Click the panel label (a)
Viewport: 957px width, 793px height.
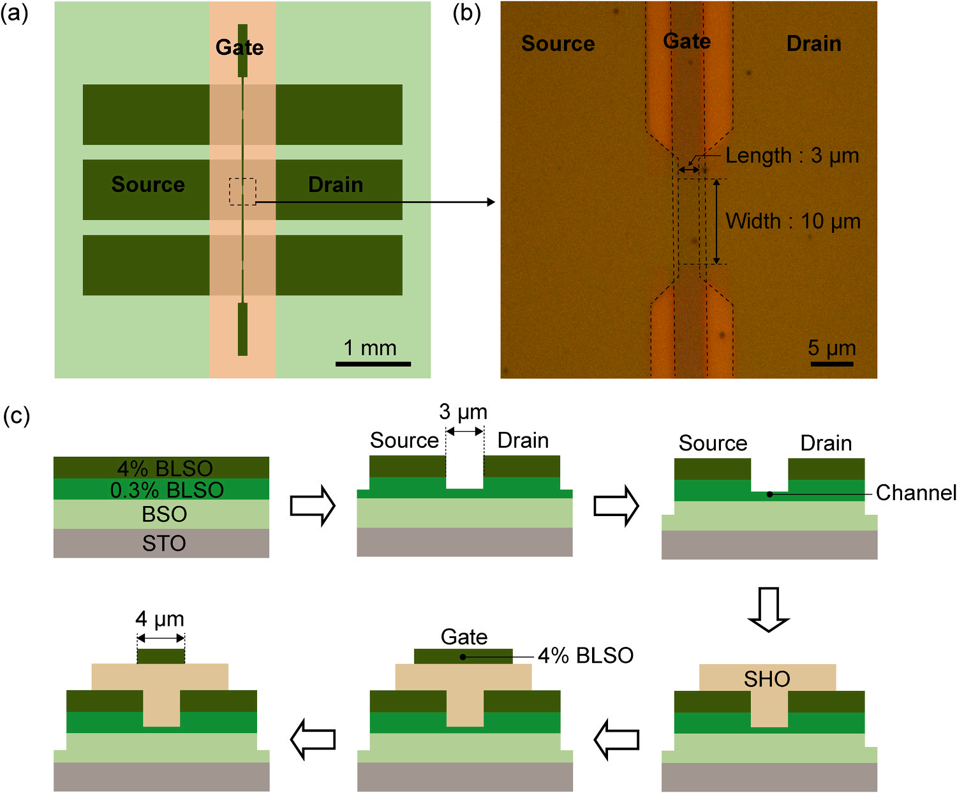14,13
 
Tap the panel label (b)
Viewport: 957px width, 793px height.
466,13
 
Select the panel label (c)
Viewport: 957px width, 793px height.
17,416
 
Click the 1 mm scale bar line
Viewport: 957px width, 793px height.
373,364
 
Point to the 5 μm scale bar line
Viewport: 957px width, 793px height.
831,364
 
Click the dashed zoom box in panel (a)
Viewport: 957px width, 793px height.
242,191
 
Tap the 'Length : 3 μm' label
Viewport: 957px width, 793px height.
792,156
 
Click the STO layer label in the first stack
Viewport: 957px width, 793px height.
164,544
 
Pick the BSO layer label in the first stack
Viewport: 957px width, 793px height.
164,514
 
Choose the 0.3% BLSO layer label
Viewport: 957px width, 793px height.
167,490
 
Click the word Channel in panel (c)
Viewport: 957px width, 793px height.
916,493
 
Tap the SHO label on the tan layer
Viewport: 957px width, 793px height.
767,679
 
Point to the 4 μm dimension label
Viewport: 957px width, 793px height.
159,619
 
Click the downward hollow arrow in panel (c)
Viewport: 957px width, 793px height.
768,609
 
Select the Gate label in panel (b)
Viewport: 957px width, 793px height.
686,41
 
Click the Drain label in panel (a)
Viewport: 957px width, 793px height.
336,185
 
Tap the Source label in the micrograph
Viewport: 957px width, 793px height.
558,43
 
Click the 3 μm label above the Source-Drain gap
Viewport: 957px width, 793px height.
463,412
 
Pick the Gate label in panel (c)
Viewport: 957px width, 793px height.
464,637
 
